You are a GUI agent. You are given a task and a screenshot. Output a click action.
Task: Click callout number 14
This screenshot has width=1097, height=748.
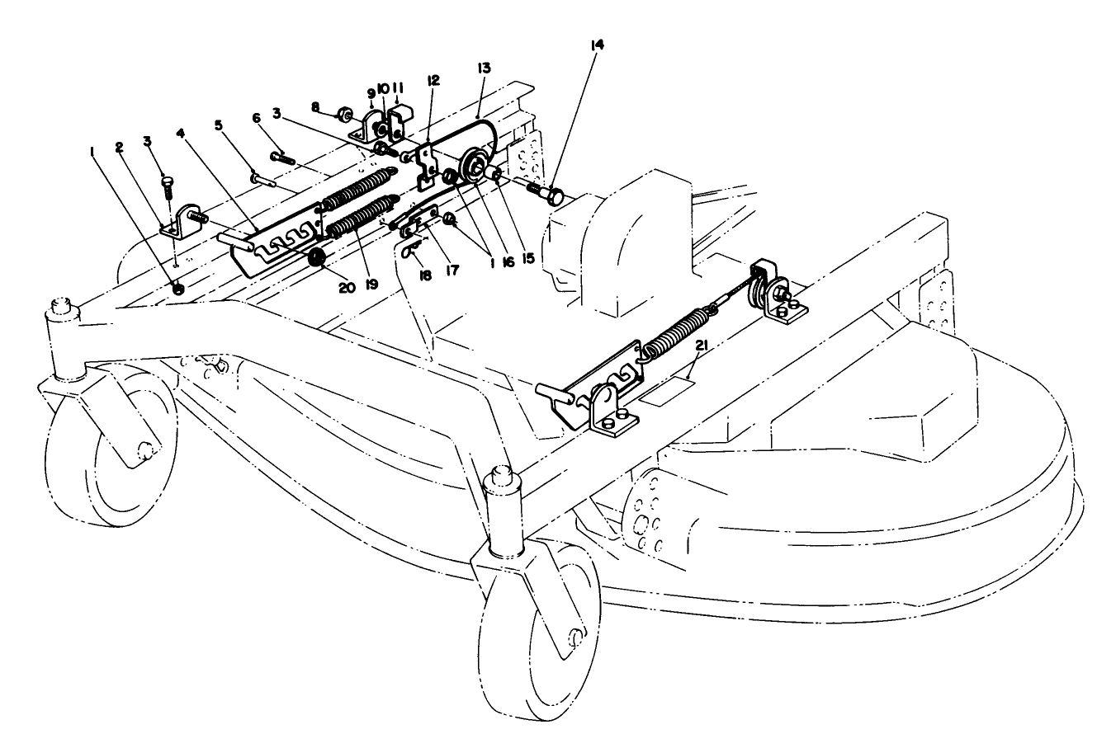click(x=597, y=45)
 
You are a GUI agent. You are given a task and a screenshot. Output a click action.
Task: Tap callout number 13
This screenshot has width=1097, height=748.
click(x=484, y=66)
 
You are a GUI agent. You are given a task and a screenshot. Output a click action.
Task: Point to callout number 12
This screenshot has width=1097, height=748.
click(x=433, y=80)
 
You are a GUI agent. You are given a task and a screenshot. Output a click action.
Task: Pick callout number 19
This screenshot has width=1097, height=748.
click(x=371, y=285)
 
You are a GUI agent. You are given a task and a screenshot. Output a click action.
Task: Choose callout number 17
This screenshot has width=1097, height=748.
click(x=451, y=269)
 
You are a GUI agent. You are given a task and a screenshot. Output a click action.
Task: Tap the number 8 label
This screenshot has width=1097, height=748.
click(x=315, y=106)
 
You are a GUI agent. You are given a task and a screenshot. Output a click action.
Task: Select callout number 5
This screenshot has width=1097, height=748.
click(x=219, y=125)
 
